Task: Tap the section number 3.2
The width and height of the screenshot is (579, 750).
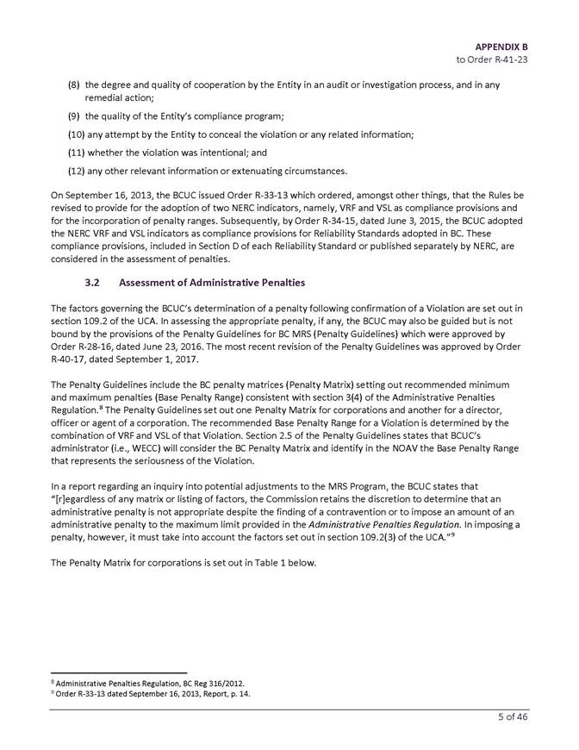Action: click(x=94, y=283)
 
